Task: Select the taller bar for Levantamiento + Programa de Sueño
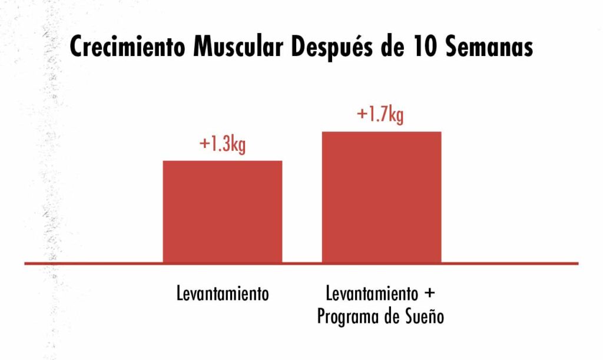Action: pyautogui.click(x=381, y=197)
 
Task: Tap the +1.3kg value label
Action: pyautogui.click(x=222, y=144)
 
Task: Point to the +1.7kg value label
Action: pyautogui.click(x=380, y=114)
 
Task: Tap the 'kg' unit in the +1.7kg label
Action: pyautogui.click(x=395, y=115)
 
